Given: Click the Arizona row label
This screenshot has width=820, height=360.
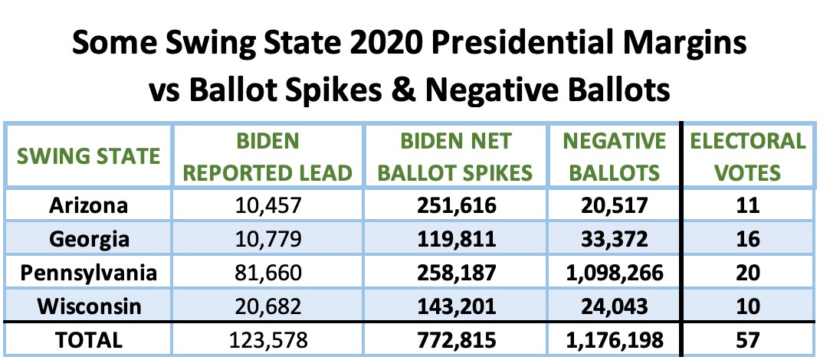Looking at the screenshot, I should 90,205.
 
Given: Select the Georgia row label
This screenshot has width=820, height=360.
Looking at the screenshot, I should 90,239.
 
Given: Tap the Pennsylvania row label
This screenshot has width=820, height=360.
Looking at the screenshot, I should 90,272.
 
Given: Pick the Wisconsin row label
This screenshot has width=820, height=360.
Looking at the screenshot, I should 90,306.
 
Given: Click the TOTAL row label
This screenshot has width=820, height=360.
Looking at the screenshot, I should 90,339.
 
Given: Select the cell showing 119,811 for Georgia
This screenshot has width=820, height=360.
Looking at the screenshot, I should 458,239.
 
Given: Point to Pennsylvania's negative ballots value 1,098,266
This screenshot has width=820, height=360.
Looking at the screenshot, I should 614,272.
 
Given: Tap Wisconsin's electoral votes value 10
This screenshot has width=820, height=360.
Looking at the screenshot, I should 748,306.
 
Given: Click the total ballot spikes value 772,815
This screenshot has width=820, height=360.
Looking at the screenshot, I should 458,339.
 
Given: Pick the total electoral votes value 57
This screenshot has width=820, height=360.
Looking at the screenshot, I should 748,339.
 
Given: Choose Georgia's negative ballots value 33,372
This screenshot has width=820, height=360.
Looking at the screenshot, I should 614,239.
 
